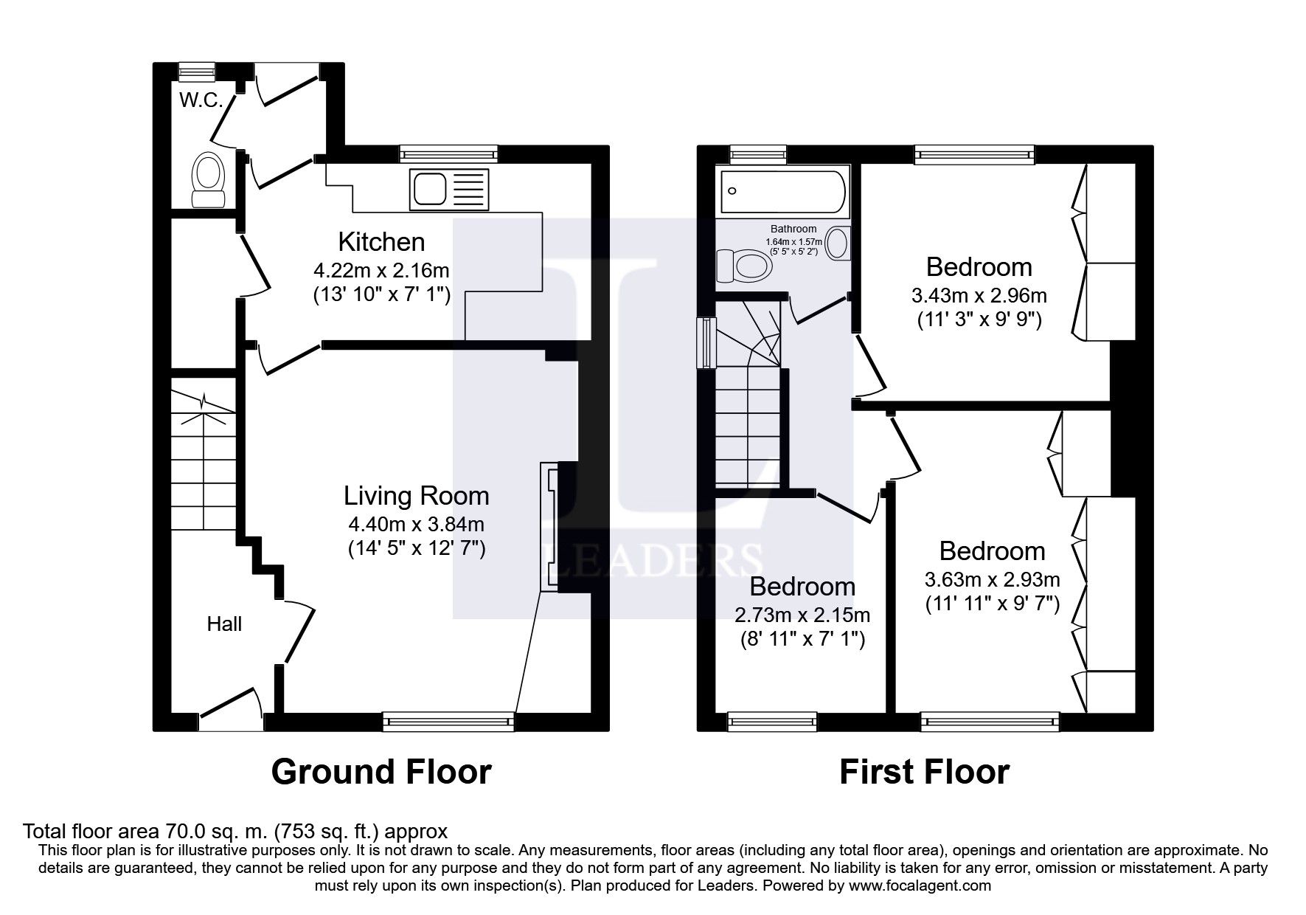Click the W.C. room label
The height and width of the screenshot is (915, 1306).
coord(201,101)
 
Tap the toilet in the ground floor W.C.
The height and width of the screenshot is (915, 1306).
coord(208,179)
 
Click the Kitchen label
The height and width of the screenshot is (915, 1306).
coord(381,242)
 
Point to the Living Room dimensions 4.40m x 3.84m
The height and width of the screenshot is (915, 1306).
coord(416,525)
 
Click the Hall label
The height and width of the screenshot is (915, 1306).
coord(224,624)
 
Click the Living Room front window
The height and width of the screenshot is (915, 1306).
coord(448,721)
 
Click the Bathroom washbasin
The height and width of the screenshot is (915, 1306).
coord(837,244)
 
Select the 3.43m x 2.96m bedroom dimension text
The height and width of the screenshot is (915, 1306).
coord(979,297)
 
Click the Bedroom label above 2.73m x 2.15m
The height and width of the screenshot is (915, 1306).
coord(802,587)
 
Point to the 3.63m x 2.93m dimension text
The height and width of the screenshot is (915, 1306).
coord(992,579)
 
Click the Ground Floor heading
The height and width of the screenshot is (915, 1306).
coord(381,772)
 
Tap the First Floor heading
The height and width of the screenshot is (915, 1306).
coord(924,772)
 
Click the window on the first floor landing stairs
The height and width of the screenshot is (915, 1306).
coord(706,342)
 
